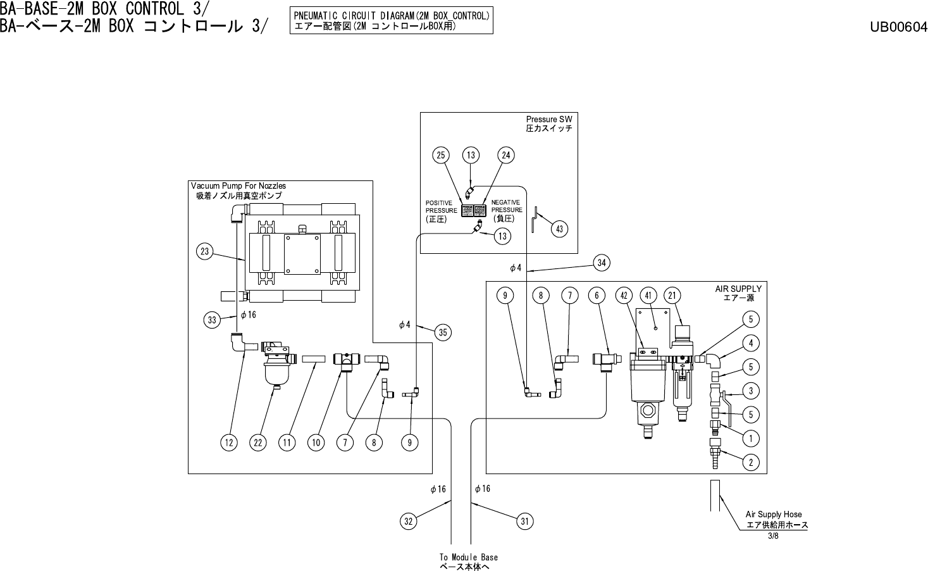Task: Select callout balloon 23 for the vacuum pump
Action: click(x=204, y=252)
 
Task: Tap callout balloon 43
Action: click(x=559, y=229)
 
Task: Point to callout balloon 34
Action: click(x=602, y=263)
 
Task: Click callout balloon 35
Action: click(x=443, y=332)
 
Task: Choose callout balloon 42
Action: click(x=624, y=295)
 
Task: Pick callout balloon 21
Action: click(x=672, y=295)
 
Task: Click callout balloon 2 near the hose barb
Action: click(x=750, y=463)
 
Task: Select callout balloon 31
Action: click(x=524, y=522)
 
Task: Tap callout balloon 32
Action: click(x=409, y=522)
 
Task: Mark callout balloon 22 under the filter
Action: click(x=258, y=443)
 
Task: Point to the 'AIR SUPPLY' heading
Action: click(x=738, y=289)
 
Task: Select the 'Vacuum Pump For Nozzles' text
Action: click(x=238, y=186)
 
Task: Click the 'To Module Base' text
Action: click(x=468, y=558)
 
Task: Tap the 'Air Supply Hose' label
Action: click(x=774, y=515)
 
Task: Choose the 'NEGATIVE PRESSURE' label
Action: click(x=506, y=206)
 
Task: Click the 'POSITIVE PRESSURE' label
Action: click(x=441, y=207)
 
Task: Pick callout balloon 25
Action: click(x=441, y=155)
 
